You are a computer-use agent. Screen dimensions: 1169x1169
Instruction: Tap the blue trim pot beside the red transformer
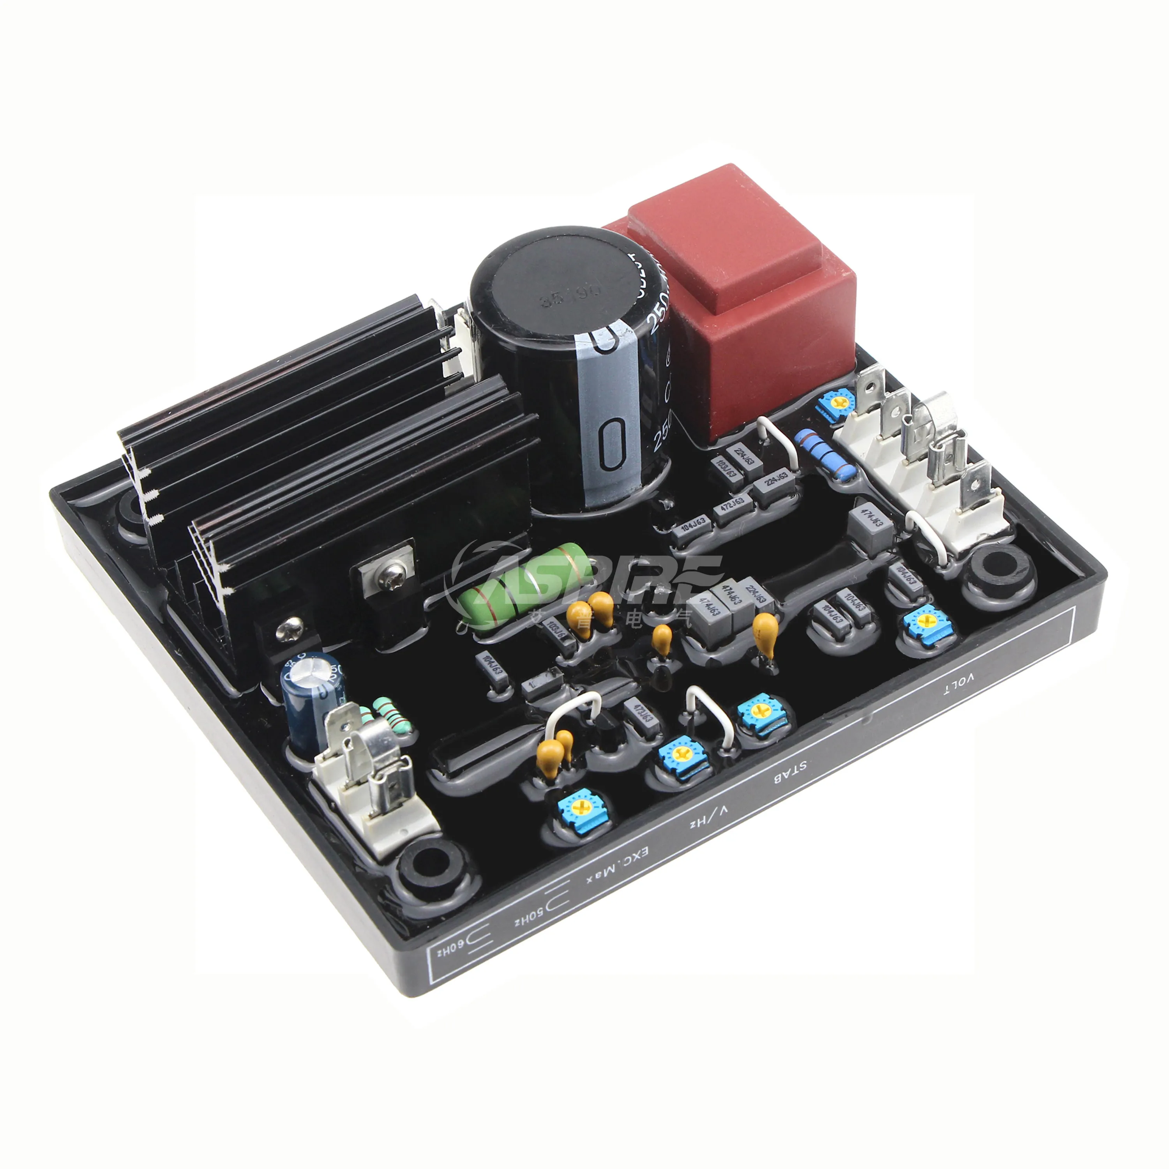[836, 403]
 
